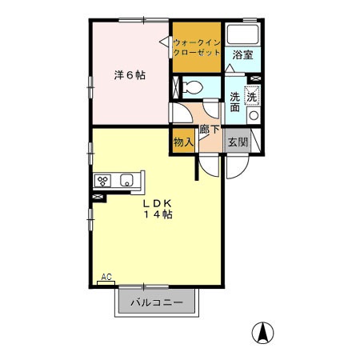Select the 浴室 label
pyautogui.click(x=242, y=55)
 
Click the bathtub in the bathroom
pyautogui.click(x=243, y=35)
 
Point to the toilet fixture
pyautogui.click(x=192, y=86)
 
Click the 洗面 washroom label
pyautogui.click(x=235, y=102)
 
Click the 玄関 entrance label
pyautogui.click(x=238, y=142)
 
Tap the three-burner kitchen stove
pyautogui.click(x=102, y=180)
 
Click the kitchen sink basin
pyautogui.click(x=126, y=181)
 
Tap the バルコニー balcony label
pyautogui.click(x=157, y=303)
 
